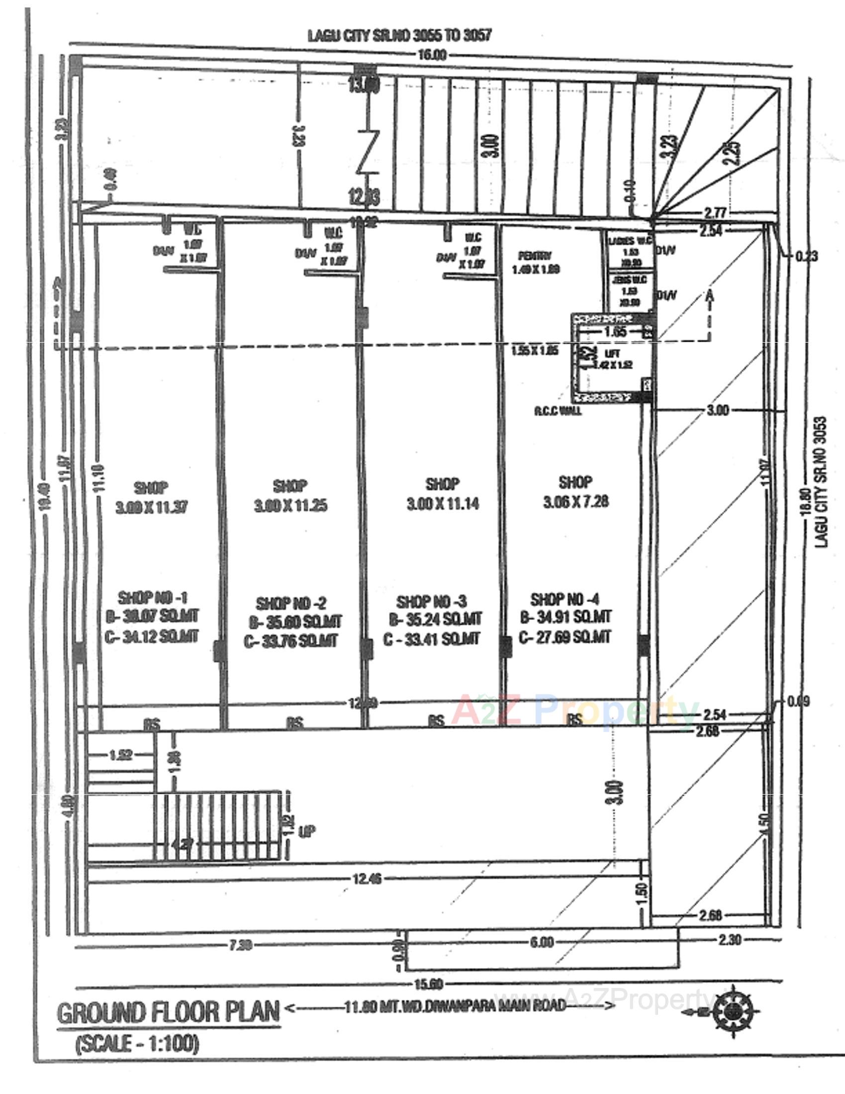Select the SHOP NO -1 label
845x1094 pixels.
(x=153, y=597)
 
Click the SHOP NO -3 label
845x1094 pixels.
(x=431, y=602)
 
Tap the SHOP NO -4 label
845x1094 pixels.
(x=564, y=599)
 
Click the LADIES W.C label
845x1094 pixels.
(x=630, y=241)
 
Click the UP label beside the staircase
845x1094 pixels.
(x=306, y=831)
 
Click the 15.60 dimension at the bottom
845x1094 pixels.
(x=429, y=984)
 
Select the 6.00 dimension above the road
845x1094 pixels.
(x=542, y=942)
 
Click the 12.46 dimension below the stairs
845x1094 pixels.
(x=367, y=878)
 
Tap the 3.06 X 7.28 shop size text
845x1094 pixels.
(x=575, y=501)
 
